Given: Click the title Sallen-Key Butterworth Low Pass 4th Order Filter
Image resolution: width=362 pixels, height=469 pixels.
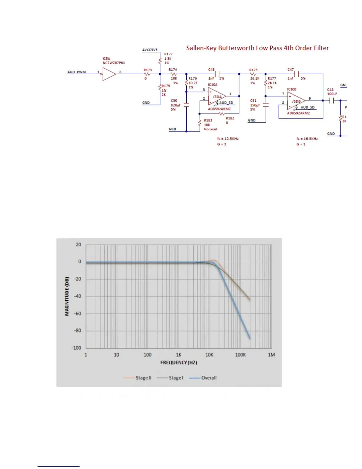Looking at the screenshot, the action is click(x=257, y=48).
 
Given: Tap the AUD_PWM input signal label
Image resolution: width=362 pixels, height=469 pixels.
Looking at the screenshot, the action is click(x=77, y=72).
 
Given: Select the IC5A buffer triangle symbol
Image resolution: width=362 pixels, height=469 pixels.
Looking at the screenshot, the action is click(x=109, y=74).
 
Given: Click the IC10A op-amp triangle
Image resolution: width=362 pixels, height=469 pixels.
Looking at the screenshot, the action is click(x=217, y=97).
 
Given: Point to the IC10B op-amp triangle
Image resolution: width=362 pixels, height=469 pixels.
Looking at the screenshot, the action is click(x=296, y=101).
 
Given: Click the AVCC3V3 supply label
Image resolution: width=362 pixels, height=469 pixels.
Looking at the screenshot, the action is click(x=150, y=50).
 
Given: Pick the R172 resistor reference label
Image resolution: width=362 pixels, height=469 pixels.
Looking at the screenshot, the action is click(x=168, y=54).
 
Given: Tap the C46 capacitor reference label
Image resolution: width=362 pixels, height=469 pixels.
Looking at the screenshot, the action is click(x=211, y=70).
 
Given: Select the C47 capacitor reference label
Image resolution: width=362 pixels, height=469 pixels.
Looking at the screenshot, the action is click(x=290, y=70).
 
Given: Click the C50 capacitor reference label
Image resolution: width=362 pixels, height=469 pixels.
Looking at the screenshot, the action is click(x=174, y=101).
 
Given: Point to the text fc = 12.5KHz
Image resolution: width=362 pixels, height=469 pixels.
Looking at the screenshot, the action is click(x=228, y=139).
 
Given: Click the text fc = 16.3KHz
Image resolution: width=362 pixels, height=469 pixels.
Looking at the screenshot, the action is click(x=307, y=139).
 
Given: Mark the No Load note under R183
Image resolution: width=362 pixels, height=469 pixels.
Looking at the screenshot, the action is click(x=210, y=129).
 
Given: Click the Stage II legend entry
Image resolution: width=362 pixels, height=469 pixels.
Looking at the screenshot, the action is click(x=138, y=378).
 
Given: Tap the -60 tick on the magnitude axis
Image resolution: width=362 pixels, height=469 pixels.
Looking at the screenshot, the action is click(x=77, y=313).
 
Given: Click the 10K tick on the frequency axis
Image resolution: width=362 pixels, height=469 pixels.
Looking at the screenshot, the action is click(x=209, y=355).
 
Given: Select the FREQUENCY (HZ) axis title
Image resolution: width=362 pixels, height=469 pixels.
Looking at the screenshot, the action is click(x=179, y=362).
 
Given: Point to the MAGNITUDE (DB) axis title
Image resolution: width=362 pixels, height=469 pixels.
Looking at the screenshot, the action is click(x=67, y=296).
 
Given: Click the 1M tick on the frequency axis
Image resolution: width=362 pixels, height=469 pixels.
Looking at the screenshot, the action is click(x=271, y=355).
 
